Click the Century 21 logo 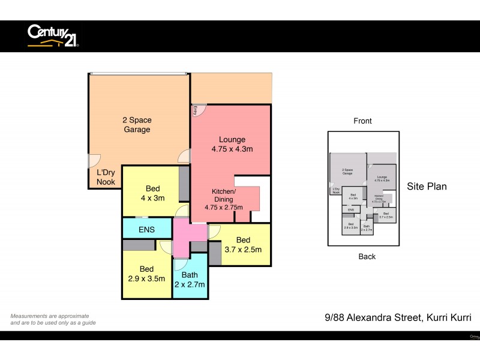coord(53,35)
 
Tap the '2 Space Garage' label coord(137,125)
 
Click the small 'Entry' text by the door coord(196,110)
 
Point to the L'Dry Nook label coord(103,177)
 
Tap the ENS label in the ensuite coord(146,229)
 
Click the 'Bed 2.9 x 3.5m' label coord(146,274)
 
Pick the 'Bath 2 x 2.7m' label coord(190,280)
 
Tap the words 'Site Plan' coord(427,187)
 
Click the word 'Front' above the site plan coord(362,121)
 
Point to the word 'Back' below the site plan coord(367,256)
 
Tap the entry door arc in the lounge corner coord(199,110)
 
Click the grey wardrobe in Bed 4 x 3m coord(184,184)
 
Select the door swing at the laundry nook coord(94,161)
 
